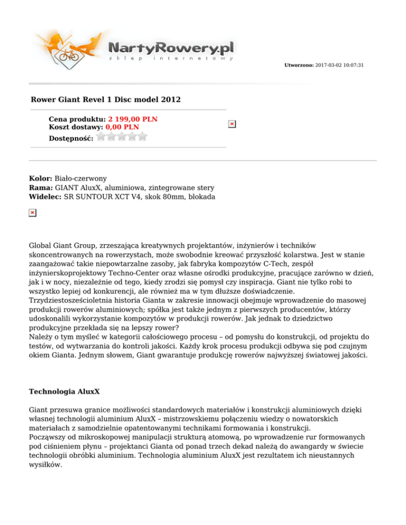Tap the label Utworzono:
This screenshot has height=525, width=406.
299,65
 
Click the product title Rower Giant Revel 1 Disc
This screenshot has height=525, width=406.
106,99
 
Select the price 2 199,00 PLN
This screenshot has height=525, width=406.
133,119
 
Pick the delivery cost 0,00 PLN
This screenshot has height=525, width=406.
122,127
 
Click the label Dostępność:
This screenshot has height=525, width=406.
71,138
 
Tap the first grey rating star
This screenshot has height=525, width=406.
103,136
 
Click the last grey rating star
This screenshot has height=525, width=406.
142,136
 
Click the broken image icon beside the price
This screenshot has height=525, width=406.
232,124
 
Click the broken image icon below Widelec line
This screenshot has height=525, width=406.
32,212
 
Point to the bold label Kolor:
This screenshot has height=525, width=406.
41,179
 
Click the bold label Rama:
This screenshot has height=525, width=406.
41,187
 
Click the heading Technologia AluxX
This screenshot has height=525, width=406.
64,393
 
